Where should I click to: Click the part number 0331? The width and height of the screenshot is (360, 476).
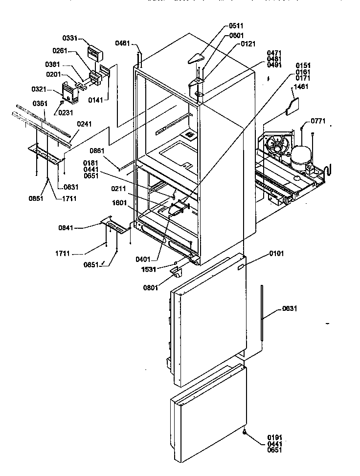(x=69, y=38)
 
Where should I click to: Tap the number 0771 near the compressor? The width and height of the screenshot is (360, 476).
(x=318, y=121)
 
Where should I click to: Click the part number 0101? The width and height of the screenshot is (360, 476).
(x=276, y=254)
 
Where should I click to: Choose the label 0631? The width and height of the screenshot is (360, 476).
(x=289, y=308)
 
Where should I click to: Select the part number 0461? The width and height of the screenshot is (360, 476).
(x=122, y=44)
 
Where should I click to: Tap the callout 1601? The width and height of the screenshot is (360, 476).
(x=120, y=203)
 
